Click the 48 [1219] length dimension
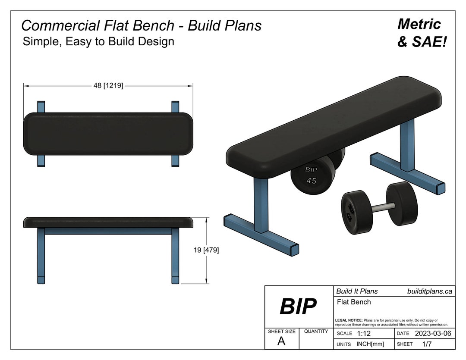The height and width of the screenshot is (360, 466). coord(108,86)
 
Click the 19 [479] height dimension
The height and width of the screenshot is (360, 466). coord(206,250)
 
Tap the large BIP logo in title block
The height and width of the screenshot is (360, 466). coord(298,307)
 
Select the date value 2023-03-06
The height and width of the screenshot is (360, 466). coord(433,334)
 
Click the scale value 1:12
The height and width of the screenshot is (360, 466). coord(364,334)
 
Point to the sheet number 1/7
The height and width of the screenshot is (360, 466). coord(427,344)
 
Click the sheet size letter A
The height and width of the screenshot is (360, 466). coord(281,341)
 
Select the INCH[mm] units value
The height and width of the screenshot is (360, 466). coord(370,344)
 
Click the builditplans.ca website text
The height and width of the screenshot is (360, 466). coord(429,291)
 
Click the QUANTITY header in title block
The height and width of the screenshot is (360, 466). coord(316,332)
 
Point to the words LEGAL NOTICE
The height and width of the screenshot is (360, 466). coord(349,320)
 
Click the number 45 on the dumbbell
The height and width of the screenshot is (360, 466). coord(311,181)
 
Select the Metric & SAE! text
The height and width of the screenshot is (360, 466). coord(421,33)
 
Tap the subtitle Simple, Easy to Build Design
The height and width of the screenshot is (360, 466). coord(98,41)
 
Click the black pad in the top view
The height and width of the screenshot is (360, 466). coord(108,134)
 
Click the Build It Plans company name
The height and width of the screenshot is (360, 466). coord(357,291)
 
